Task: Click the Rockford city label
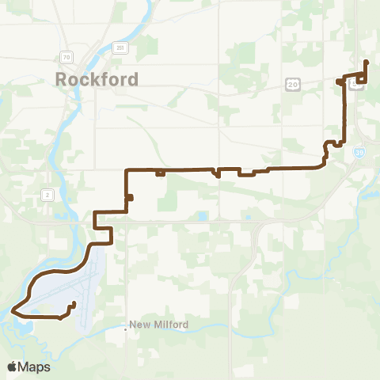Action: (x=97, y=79)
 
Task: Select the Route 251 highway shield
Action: (x=120, y=47)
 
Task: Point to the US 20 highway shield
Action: (x=294, y=84)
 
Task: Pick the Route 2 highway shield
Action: (x=48, y=194)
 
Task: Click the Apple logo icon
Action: (x=12, y=367)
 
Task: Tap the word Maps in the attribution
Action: (x=35, y=367)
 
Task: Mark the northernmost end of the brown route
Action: (x=364, y=62)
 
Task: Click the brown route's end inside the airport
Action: (x=74, y=303)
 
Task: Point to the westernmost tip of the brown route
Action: (x=13, y=311)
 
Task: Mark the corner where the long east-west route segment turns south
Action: (x=127, y=169)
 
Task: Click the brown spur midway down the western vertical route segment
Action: (x=130, y=198)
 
